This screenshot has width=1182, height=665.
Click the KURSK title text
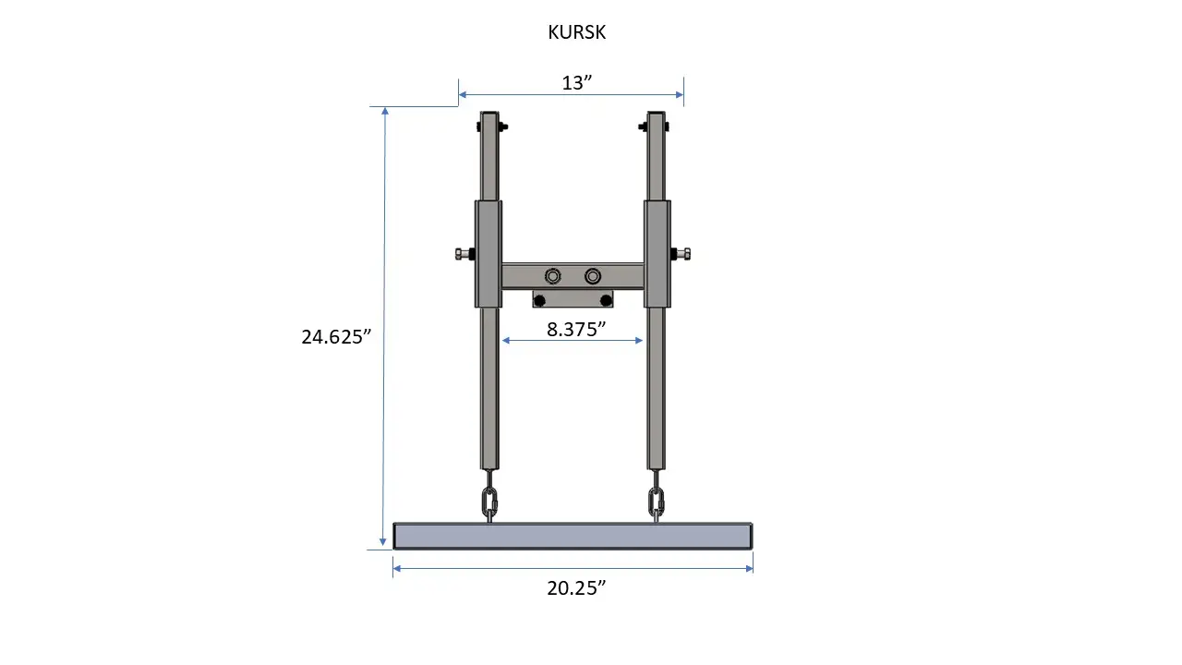pos(577,32)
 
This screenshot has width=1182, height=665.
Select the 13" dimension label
pos(577,82)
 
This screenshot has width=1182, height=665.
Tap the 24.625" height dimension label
pos(336,337)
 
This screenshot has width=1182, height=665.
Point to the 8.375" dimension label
pos(575,330)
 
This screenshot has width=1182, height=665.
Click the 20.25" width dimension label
pos(576,588)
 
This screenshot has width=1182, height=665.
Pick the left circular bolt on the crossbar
pos(552,276)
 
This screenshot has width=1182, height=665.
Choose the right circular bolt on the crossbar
pos(593,276)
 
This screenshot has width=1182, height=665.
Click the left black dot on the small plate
pos(539,301)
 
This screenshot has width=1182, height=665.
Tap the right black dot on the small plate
pos(607,301)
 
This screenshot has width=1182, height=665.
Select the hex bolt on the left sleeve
pos(464,254)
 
